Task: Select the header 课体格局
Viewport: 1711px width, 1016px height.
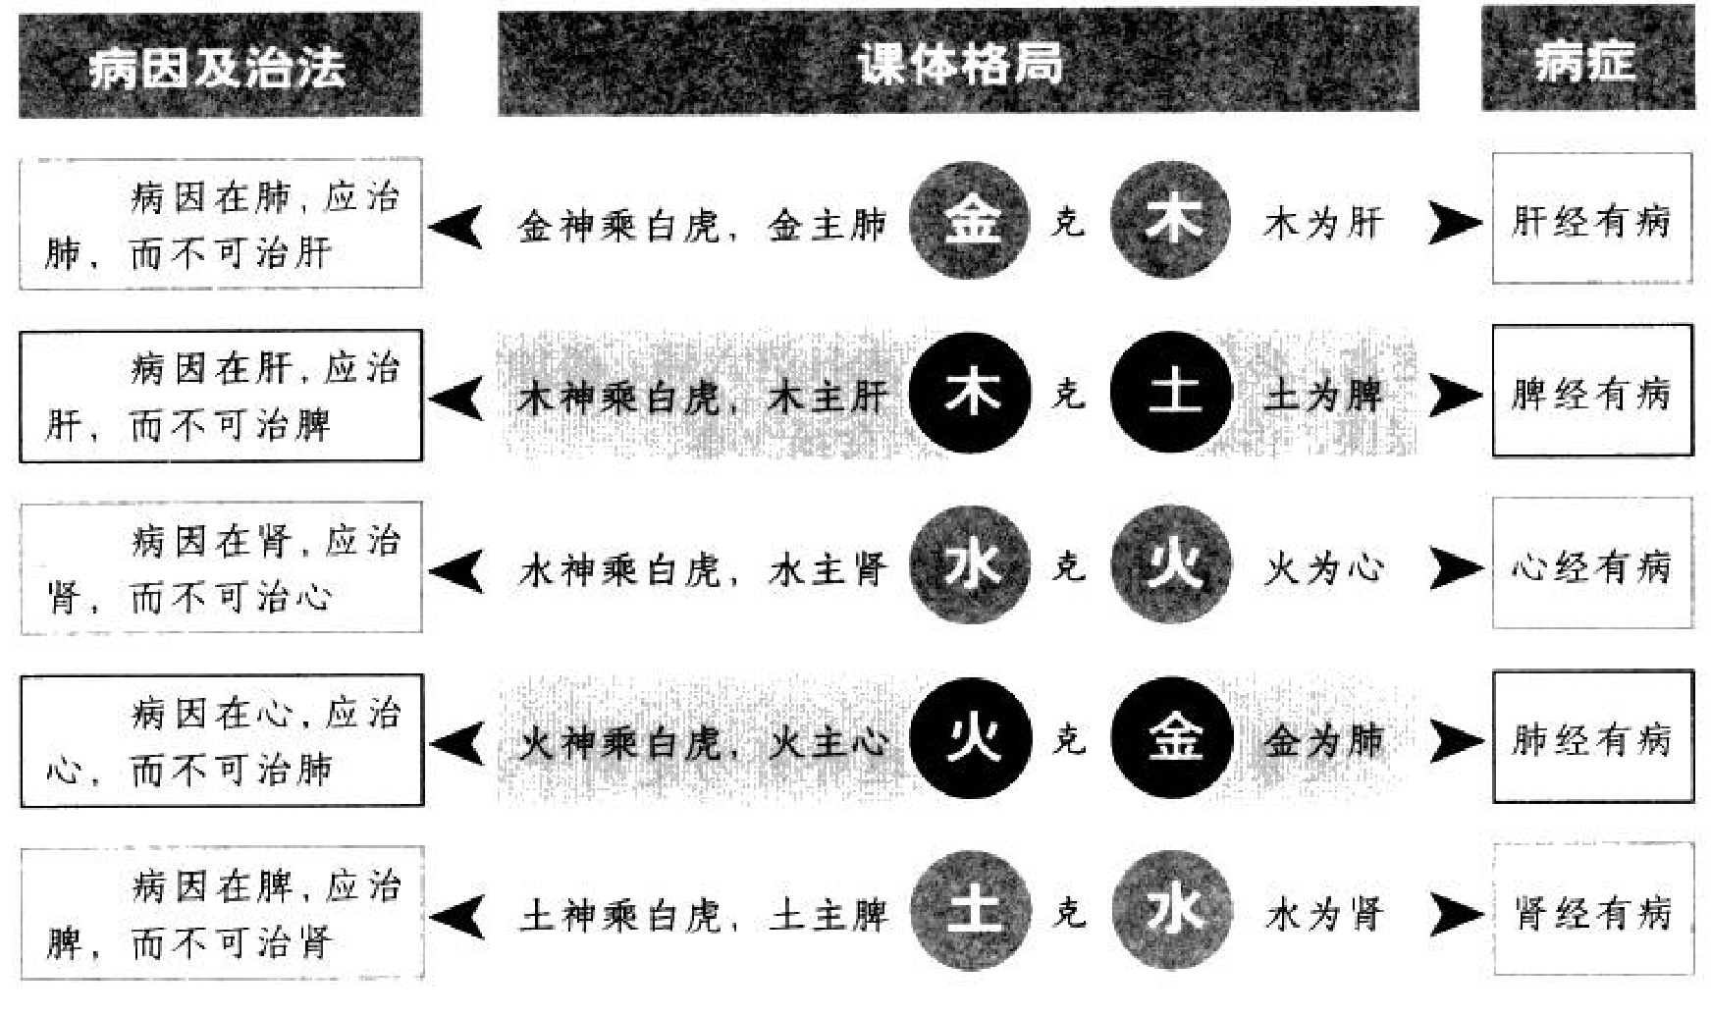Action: [958, 63]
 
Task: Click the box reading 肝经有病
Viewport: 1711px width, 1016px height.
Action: [1591, 220]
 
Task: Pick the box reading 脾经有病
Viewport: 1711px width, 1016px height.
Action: [1591, 393]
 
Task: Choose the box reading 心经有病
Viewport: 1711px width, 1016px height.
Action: [1591, 565]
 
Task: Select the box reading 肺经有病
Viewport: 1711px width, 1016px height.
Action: [1591, 738]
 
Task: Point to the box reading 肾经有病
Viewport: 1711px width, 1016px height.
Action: [1591, 912]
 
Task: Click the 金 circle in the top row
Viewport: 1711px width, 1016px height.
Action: [970, 221]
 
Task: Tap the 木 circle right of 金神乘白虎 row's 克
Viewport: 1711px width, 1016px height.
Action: [1171, 221]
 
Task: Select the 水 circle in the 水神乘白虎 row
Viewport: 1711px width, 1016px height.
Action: [970, 566]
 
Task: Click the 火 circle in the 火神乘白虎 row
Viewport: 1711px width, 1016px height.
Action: [970, 739]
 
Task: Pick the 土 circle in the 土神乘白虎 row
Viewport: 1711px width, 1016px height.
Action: [970, 911]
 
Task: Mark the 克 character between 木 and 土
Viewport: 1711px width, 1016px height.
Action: [1069, 394]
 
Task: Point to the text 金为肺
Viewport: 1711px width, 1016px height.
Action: [1323, 741]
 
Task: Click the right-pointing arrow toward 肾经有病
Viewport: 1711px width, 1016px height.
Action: [1454, 914]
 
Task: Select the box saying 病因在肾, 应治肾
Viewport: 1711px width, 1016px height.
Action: [221, 567]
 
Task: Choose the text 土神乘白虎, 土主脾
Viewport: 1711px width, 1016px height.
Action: [703, 915]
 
